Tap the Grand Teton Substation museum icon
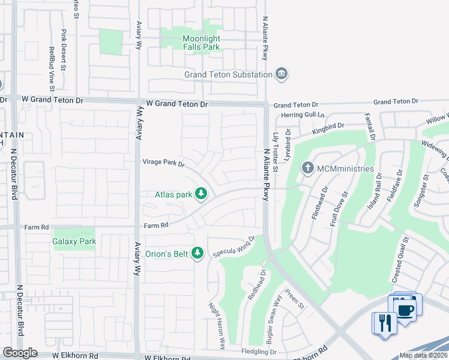coord(281,74)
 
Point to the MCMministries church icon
coord(308,169)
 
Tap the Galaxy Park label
coord(74,241)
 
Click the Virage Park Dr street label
coord(163,163)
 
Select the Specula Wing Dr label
coord(235,247)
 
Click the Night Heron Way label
coord(216,325)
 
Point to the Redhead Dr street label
coord(257,289)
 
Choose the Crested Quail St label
coord(400,259)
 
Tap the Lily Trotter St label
coord(275,152)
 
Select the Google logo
coord(20,353)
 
